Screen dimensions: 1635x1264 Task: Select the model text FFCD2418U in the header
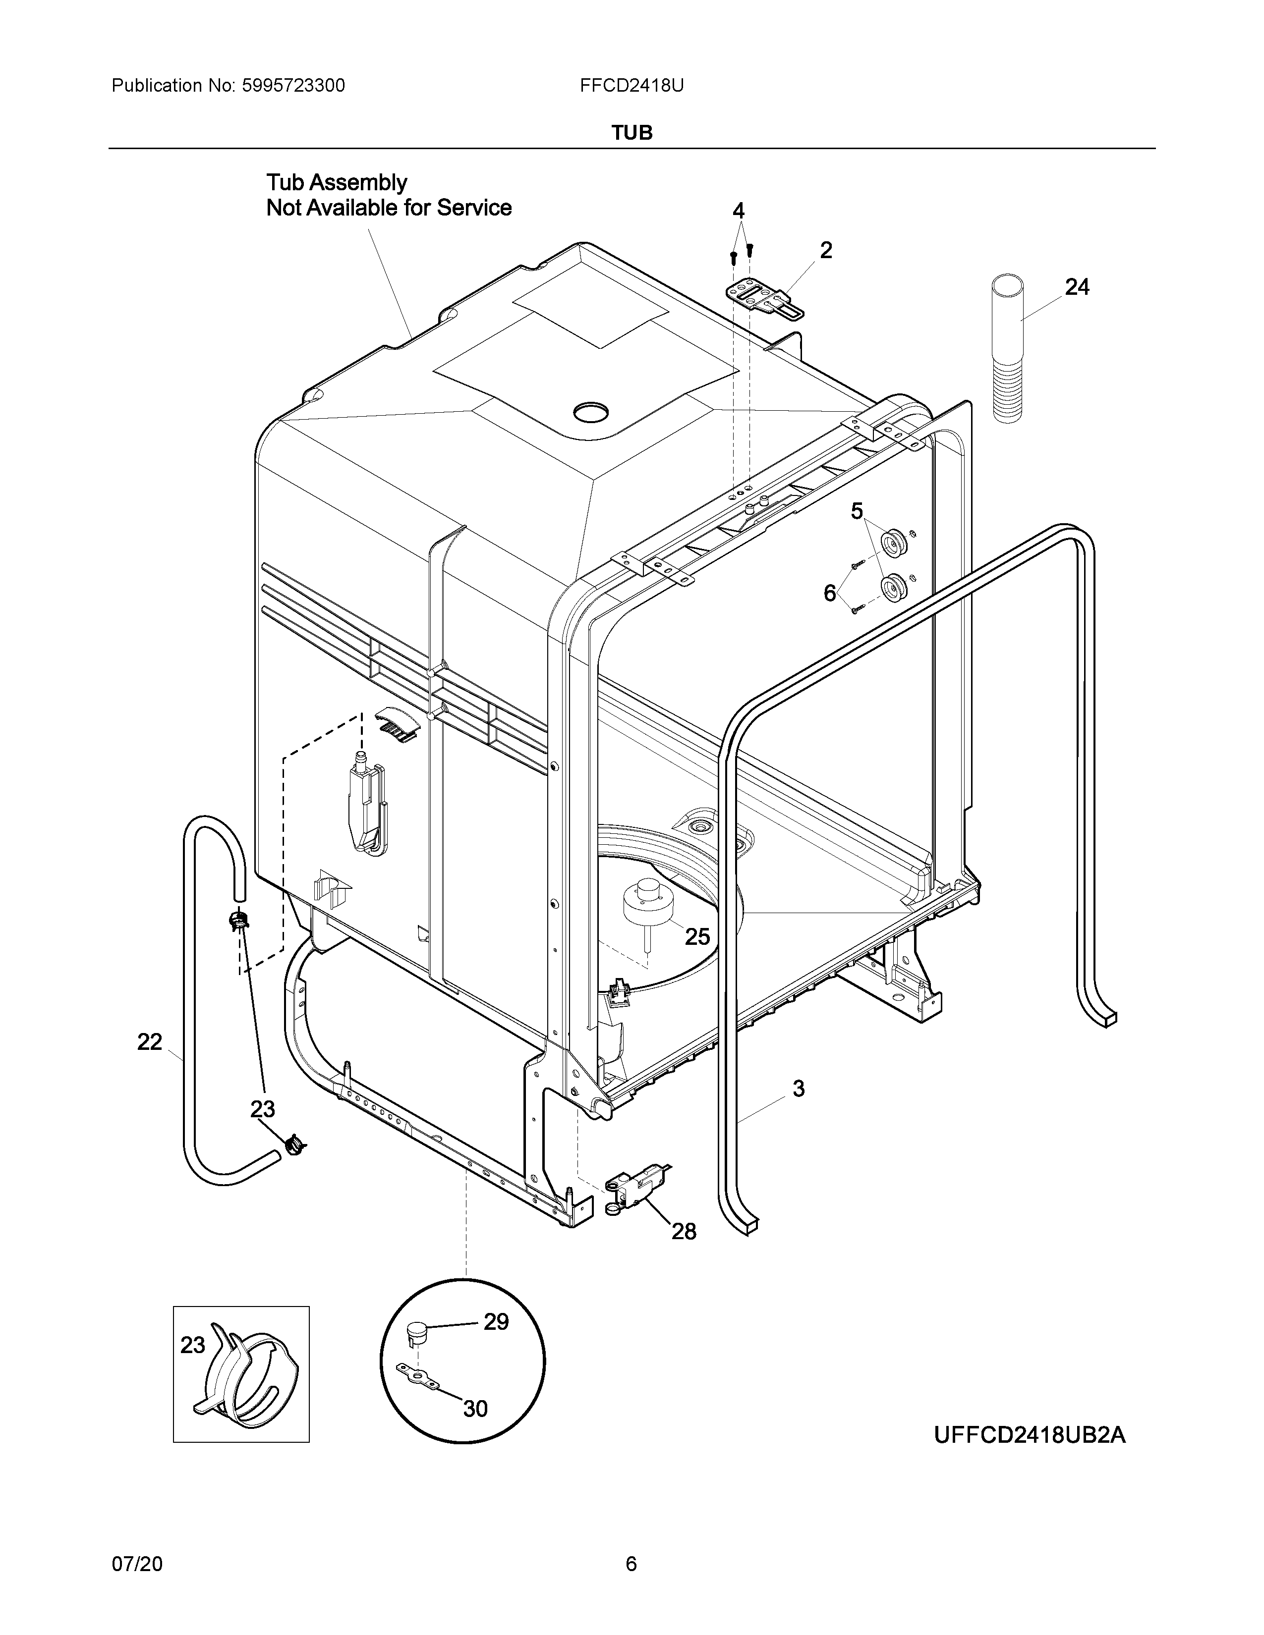coord(631,86)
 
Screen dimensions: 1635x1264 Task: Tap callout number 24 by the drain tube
coord(1077,287)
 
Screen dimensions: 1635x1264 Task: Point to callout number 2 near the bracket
coord(825,250)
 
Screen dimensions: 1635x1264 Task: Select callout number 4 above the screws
coord(739,211)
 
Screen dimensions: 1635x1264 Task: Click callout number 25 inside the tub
coord(697,936)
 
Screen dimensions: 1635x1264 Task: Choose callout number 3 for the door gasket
coord(798,1089)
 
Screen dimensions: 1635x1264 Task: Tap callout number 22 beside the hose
coord(150,1041)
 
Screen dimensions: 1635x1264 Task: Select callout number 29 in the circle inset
coord(496,1343)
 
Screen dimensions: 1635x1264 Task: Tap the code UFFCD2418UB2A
coord(1030,1435)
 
